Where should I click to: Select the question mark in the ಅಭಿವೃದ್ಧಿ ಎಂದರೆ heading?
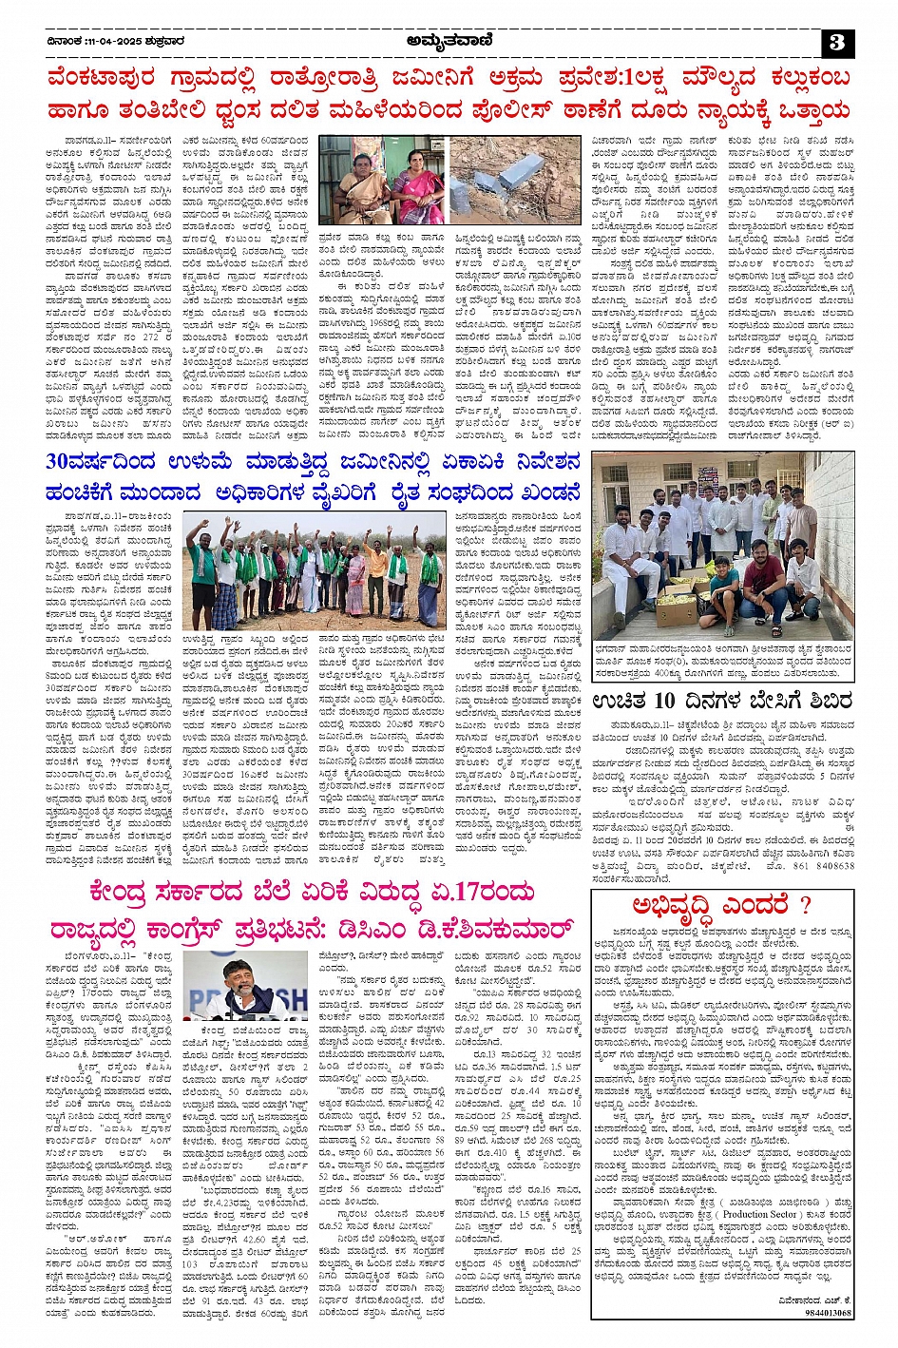point(806,904)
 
